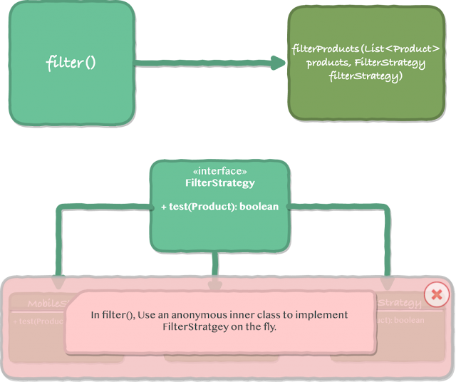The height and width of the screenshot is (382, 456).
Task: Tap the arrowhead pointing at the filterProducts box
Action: pos(276,63)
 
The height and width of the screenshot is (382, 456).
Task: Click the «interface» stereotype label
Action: pos(219,172)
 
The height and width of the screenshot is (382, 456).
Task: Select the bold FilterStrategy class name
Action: pos(219,183)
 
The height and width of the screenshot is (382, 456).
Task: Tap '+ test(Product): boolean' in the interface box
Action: pos(219,207)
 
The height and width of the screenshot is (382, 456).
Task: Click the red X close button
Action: pos(436,294)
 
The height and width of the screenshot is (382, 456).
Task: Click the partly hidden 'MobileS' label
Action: pos(46,304)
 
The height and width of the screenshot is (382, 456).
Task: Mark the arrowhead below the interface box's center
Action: pos(214,284)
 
